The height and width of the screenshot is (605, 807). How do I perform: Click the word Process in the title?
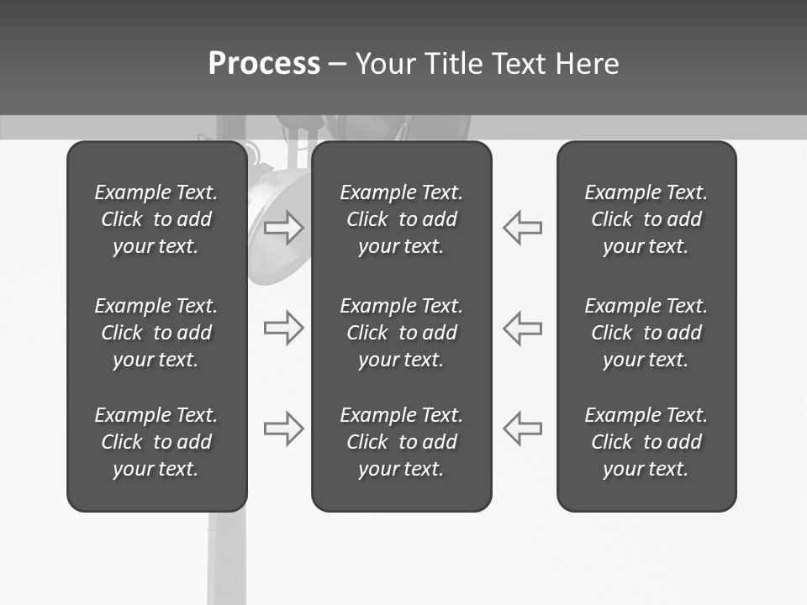pos(264,64)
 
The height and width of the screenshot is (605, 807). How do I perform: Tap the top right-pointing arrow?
pos(284,228)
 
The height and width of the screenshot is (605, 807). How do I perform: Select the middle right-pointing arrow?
pos(284,328)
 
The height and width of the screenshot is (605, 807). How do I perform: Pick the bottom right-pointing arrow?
pos(284,429)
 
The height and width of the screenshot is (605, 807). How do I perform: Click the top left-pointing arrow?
pos(522,228)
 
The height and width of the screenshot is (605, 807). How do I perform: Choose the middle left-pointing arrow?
pos(522,328)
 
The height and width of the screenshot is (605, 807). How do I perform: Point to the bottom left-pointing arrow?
pos(522,429)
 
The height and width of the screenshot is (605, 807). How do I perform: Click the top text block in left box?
pos(156,219)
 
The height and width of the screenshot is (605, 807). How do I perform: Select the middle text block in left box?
pos(156,333)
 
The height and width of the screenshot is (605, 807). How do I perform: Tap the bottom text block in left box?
pos(156,442)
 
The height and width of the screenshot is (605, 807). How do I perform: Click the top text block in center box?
pos(401,219)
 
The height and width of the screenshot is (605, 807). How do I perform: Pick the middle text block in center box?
pos(401,333)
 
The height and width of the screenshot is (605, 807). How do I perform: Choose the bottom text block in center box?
pos(401,442)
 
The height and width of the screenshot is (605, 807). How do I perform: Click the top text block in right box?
pos(646,219)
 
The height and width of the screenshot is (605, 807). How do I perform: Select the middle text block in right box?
pos(646,333)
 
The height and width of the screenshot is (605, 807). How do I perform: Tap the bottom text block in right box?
pos(646,442)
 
